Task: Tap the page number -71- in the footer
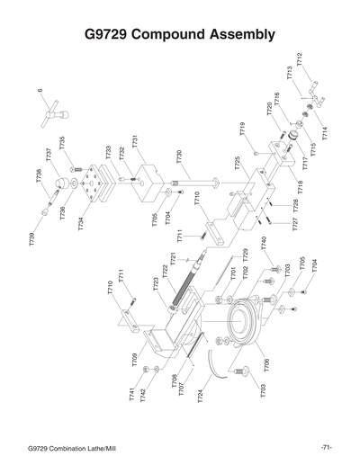click(326, 447)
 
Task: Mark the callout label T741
click(132, 393)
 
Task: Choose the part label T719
click(243, 130)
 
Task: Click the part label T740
click(264, 244)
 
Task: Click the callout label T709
click(135, 361)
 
